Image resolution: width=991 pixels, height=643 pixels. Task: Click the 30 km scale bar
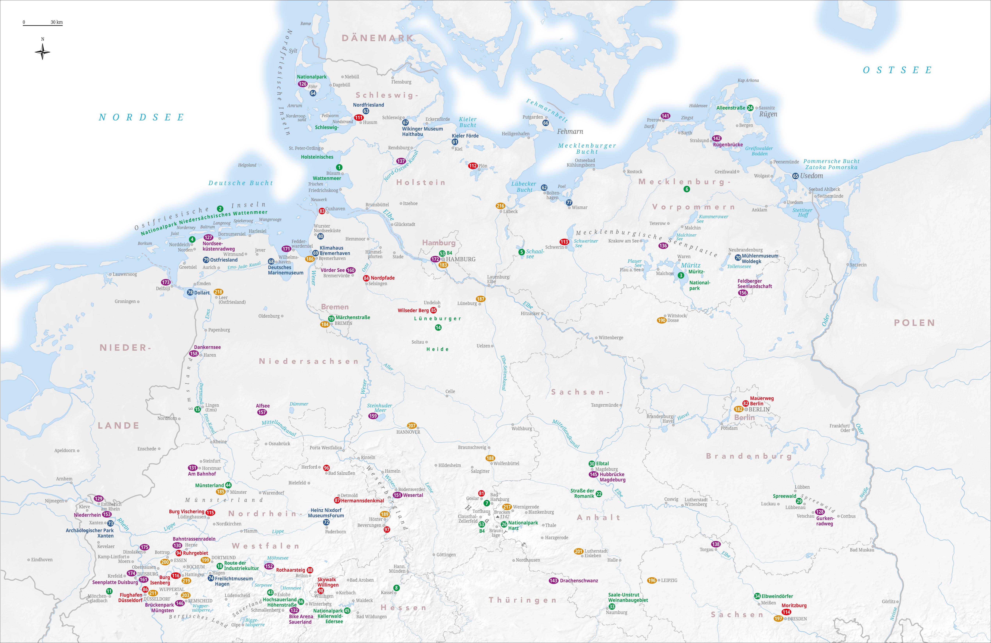(x=43, y=24)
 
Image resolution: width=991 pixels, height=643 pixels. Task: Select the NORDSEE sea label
(x=142, y=117)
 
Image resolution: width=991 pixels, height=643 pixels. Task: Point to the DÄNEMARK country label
(x=378, y=38)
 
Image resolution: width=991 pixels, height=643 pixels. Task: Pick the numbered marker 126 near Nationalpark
(x=303, y=84)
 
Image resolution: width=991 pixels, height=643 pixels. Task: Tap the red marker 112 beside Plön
(x=473, y=166)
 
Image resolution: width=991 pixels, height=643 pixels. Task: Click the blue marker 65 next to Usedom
(x=795, y=176)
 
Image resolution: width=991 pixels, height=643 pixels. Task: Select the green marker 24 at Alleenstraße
(x=750, y=108)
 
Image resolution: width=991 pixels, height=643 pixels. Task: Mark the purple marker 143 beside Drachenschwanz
(x=553, y=581)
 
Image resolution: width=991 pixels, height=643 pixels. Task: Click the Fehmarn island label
(x=570, y=131)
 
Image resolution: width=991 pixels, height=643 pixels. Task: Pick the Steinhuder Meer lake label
(x=379, y=408)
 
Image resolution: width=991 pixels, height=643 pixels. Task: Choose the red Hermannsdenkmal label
(x=362, y=501)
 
